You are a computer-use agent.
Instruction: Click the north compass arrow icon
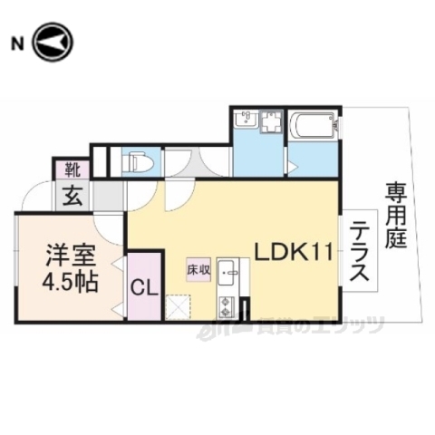[x=52, y=43]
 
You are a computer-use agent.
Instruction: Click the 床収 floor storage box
[x=198, y=269]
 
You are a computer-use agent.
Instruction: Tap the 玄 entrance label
[x=70, y=194]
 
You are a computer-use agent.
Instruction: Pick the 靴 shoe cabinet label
[x=71, y=169]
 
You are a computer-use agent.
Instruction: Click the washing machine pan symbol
[x=271, y=124]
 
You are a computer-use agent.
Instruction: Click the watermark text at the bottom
[x=308, y=324]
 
